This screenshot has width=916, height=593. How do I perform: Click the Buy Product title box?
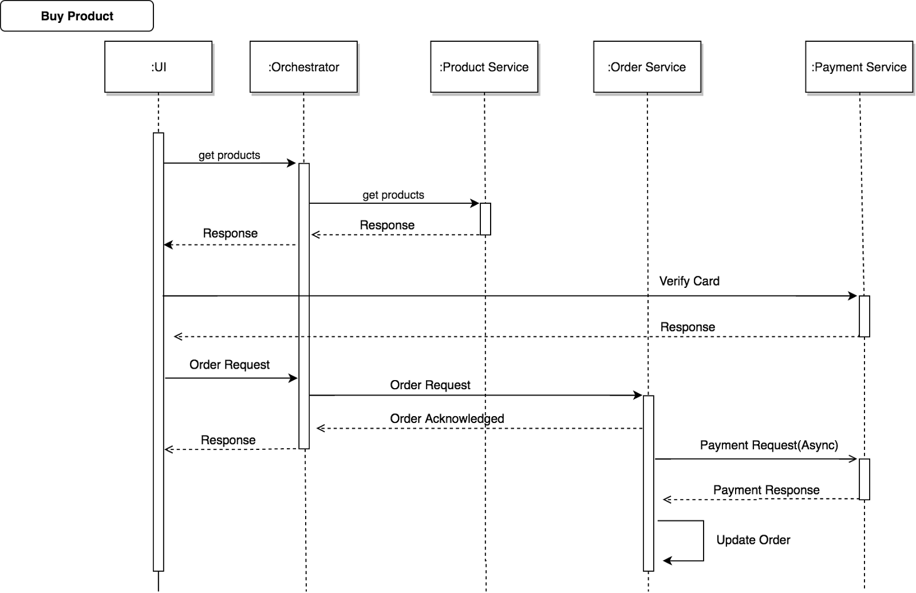77,16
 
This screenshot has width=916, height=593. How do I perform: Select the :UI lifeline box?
158,67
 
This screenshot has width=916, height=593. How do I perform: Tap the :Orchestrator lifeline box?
303,67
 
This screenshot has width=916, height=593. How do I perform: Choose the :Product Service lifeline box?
484,67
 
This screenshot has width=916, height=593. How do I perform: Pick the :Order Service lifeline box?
647,67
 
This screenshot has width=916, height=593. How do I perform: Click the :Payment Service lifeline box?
859,67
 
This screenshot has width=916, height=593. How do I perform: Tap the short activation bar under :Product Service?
485,219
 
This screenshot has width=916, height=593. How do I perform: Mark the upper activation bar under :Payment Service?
864,316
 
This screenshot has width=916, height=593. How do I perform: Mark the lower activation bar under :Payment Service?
864,479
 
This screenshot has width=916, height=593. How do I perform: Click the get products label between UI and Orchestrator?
230,155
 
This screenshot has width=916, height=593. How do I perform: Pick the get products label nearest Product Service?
393,195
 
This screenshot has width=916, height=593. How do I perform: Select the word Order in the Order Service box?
626,67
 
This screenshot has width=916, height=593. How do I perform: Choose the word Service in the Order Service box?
665,67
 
